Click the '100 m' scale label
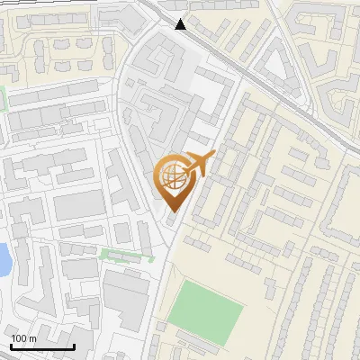(24, 338)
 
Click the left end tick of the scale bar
(11, 344)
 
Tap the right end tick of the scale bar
(74, 344)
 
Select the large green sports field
(206, 306)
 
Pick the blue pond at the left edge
(4, 259)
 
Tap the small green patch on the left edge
(3, 97)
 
